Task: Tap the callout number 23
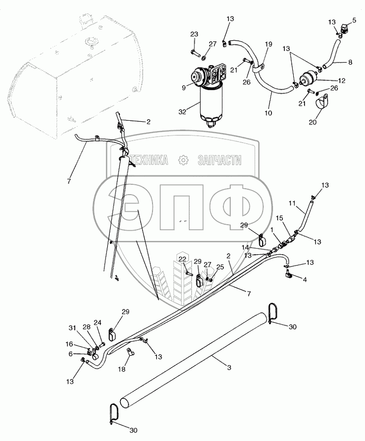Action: coord(194,34)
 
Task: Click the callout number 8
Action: coord(350,62)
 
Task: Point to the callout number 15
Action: coord(279,218)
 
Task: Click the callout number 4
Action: coord(305,280)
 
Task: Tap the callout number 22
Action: coord(182,259)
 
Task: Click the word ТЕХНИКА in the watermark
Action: coord(148,160)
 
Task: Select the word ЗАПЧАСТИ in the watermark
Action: coord(219,160)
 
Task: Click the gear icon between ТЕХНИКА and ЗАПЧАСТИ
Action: coord(183,160)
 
